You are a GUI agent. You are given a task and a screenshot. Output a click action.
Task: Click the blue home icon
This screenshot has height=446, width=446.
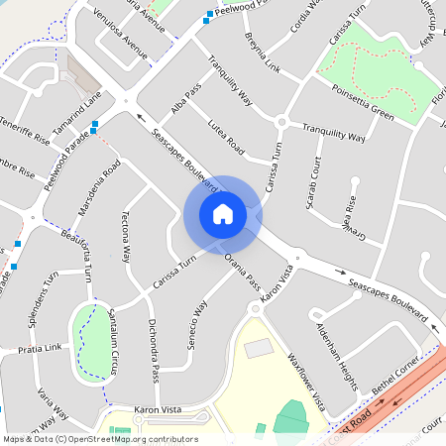223,213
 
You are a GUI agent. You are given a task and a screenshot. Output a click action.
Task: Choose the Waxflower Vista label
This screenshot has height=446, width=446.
306,380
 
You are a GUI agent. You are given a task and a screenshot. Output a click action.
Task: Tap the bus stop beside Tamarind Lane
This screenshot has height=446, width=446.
93,126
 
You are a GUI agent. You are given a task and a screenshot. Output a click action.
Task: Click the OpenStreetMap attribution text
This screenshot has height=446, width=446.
99,438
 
